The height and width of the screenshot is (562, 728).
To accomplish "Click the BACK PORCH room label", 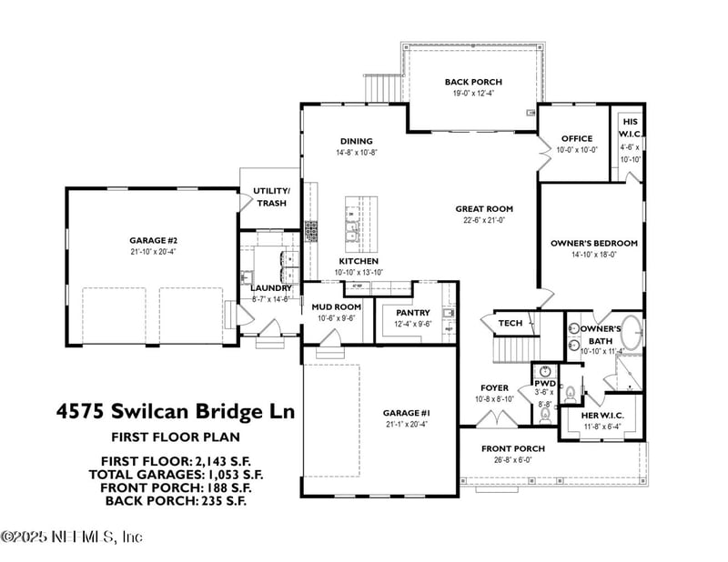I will coord(473,82).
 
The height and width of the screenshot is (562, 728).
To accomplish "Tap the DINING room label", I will coord(356,141).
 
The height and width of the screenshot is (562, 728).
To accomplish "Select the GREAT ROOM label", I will coord(484,208).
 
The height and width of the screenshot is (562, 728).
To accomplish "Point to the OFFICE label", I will coord(576,139).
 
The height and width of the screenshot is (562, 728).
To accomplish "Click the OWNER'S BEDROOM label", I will coord(593,244).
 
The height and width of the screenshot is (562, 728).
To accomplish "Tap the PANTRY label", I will coord(411,312).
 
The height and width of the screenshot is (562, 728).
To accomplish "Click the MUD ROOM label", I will coord(336,307).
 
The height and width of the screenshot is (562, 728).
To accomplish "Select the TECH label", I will coord(510,323).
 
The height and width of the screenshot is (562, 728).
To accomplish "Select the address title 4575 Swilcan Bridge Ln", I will coord(176,410).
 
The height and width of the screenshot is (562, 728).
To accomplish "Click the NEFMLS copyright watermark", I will coord(72,537).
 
